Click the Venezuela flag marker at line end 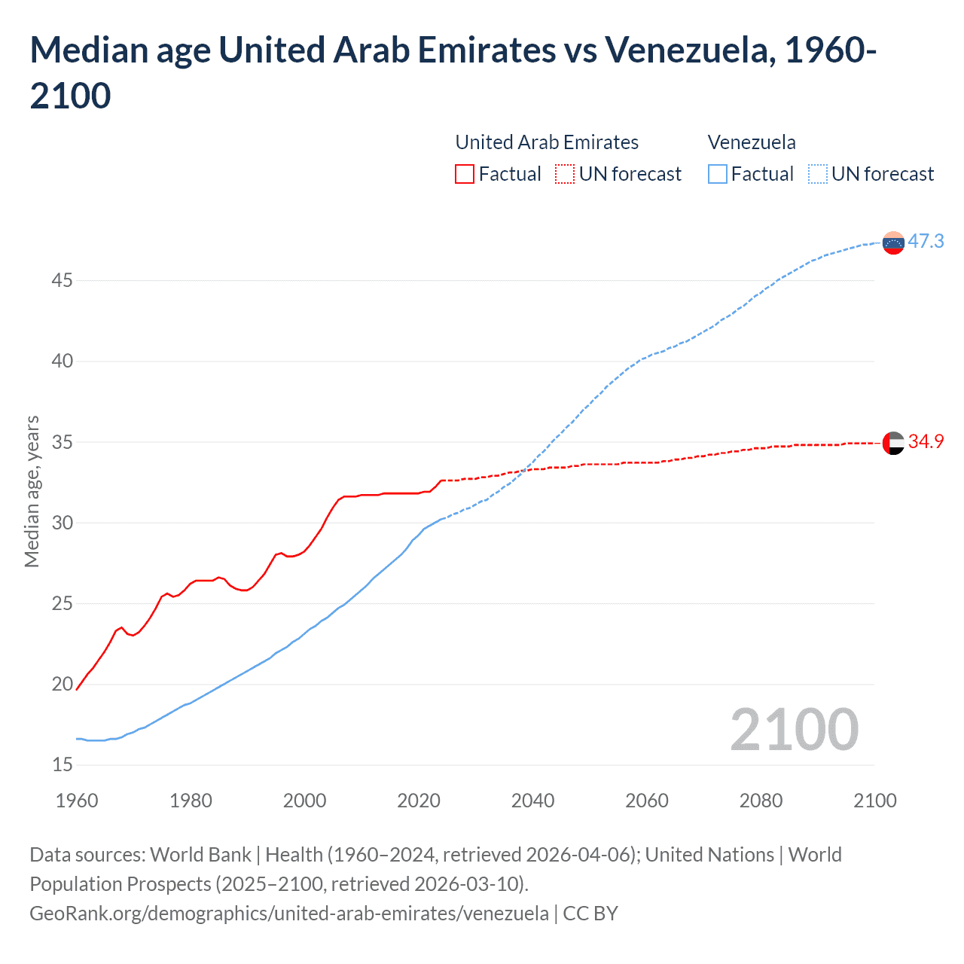(893, 243)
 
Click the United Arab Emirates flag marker (893, 443)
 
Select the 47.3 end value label (926, 241)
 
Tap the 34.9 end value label (926, 441)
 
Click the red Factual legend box (465, 174)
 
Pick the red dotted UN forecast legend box (565, 174)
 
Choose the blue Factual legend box (717, 174)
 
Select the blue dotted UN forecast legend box (817, 174)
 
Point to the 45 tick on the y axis (63, 280)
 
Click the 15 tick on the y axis (63, 764)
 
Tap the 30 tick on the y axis (63, 523)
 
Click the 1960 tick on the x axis (77, 800)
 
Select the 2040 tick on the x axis (532, 800)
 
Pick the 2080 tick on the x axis (761, 800)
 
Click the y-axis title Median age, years (32, 491)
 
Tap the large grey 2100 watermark (794, 729)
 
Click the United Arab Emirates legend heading (547, 142)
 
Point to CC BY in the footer (590, 913)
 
